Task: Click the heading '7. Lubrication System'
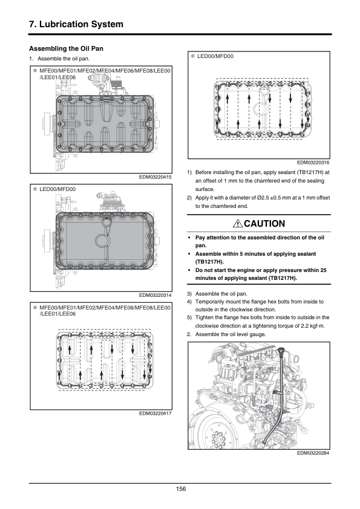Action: (76, 24)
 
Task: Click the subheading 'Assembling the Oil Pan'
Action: (67, 49)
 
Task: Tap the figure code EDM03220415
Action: (155, 177)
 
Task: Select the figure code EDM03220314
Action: (155, 295)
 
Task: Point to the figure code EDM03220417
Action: (155, 413)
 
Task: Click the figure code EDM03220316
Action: (313, 163)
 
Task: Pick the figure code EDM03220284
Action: (313, 453)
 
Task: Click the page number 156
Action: (181, 489)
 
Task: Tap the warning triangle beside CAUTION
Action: (238, 224)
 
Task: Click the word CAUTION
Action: (264, 224)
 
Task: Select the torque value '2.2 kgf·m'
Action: (313, 326)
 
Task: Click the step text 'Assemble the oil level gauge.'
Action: (231, 334)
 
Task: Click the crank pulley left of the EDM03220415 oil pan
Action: (47, 124)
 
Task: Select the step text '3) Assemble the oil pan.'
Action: (217, 294)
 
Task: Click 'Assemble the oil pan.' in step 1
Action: (64, 59)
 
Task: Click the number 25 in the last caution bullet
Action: (323, 270)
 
